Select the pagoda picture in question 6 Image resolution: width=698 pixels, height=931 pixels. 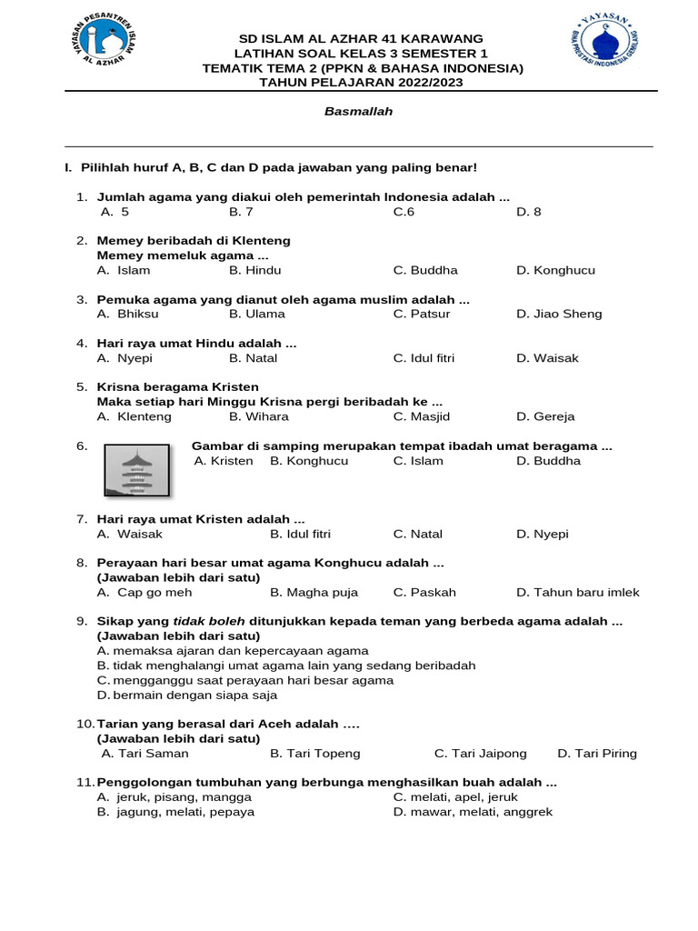tap(136, 470)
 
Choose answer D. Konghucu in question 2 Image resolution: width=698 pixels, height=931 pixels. tap(555, 270)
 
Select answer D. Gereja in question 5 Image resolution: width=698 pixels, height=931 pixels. tap(545, 416)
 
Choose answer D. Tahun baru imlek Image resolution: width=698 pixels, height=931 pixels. tap(578, 592)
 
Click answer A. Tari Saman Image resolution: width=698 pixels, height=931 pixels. tap(145, 753)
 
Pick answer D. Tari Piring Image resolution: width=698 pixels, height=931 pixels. tap(597, 753)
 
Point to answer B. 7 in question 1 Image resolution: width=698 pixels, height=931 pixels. tap(241, 212)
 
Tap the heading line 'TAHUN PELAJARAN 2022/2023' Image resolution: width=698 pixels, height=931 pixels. tap(362, 82)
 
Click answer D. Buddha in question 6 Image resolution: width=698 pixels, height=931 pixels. tap(548, 460)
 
